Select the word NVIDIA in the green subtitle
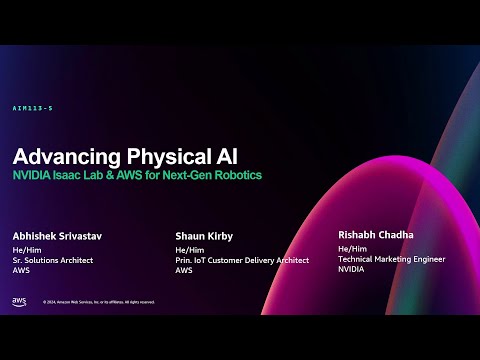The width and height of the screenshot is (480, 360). pos(33,176)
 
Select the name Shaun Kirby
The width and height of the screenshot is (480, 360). pos(205,237)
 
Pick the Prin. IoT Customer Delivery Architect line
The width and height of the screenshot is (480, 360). pos(242,260)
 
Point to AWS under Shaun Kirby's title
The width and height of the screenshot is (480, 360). pos(184,270)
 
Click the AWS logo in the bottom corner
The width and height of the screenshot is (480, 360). pos(19,301)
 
